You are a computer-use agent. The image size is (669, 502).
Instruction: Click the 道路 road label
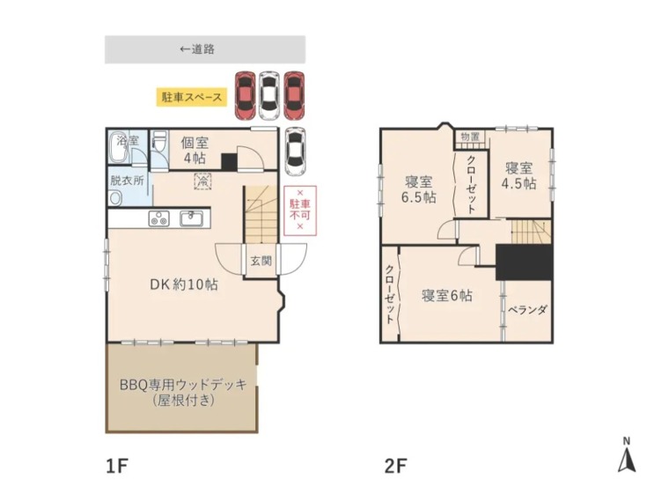pos(198,49)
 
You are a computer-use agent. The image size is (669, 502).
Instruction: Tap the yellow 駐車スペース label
pos(191,97)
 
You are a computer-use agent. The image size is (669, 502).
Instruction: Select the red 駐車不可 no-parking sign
pos(299,209)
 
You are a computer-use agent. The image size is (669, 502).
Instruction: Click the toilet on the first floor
pos(159,145)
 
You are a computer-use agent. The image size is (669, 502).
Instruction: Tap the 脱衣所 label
pos(126,179)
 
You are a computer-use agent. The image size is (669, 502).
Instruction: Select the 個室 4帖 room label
pos(195,151)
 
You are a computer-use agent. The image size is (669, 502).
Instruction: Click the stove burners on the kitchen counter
pos(159,218)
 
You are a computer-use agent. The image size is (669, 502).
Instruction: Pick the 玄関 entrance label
pos(260,261)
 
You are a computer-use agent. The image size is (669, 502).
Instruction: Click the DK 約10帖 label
pos(183,284)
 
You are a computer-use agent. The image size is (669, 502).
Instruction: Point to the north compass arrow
pos(626,457)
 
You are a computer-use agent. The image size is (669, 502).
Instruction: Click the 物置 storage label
pos(470,137)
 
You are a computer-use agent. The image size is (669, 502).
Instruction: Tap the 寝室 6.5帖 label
pos(419,189)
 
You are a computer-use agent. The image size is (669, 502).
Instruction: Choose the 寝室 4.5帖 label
pos(518,175)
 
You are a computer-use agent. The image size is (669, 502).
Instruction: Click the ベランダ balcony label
pos(528,310)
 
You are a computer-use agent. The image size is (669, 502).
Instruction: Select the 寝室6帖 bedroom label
pos(446,296)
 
